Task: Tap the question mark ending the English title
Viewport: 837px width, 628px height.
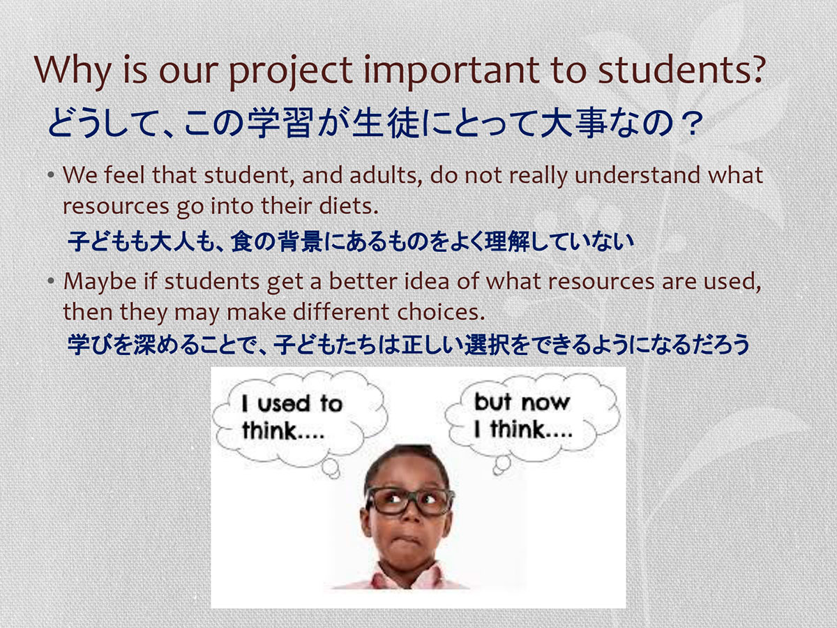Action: coord(757,68)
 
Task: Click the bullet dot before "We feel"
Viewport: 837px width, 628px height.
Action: coord(51,175)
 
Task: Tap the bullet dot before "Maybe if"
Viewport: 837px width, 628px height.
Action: coord(51,281)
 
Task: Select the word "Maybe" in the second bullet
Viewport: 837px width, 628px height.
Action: coord(100,283)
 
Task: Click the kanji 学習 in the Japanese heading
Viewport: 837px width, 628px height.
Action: coord(280,123)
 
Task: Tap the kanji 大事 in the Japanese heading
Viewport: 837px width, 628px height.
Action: coord(573,123)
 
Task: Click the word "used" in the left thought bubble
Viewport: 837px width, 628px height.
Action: coord(284,404)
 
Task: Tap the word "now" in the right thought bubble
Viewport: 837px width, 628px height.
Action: coord(545,403)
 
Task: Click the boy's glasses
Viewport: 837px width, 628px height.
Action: coord(409,501)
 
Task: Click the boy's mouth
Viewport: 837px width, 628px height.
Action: coord(407,541)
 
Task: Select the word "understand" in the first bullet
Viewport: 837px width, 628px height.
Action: coord(638,175)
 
